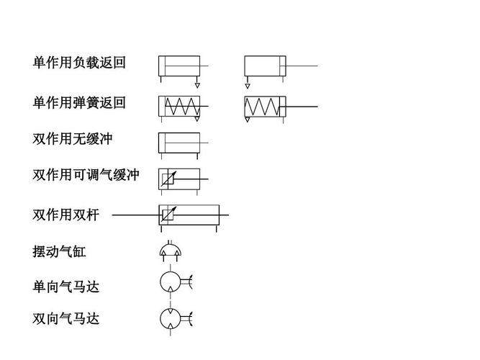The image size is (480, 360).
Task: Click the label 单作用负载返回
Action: (x=79, y=63)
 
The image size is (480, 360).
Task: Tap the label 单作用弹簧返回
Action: (x=79, y=103)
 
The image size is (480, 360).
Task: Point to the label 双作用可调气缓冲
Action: (x=86, y=175)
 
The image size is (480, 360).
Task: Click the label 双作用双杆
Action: (x=65, y=215)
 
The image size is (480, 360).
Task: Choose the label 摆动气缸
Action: (x=59, y=252)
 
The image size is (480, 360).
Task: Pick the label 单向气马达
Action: (x=65, y=287)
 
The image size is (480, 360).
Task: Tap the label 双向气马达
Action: (x=65, y=318)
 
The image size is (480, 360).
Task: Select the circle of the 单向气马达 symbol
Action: (x=171, y=282)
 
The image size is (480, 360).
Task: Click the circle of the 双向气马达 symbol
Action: (x=171, y=318)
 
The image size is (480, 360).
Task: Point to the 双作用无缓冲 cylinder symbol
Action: (x=179, y=142)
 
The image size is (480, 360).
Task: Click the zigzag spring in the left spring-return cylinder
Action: (x=180, y=107)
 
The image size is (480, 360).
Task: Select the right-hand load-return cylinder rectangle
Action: (x=265, y=66)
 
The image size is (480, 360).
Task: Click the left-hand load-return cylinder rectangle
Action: (x=179, y=66)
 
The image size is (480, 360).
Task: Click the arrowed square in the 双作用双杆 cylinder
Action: (x=168, y=215)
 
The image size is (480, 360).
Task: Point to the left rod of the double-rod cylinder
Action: (x=135, y=215)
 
